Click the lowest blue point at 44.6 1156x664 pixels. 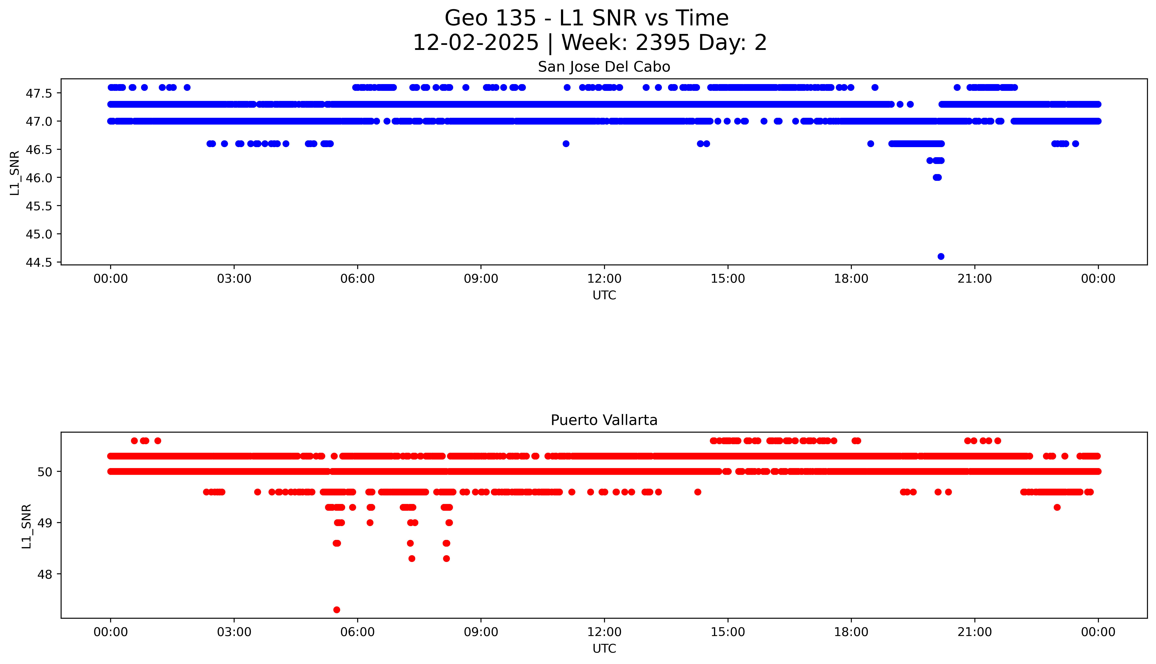tap(941, 256)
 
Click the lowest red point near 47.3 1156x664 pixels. tap(337, 610)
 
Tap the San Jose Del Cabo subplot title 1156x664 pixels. tap(604, 67)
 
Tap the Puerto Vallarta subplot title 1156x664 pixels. tap(604, 420)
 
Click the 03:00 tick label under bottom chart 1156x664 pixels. tap(234, 632)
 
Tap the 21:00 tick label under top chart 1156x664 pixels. tap(974, 279)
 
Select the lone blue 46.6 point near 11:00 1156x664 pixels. tap(566, 144)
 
